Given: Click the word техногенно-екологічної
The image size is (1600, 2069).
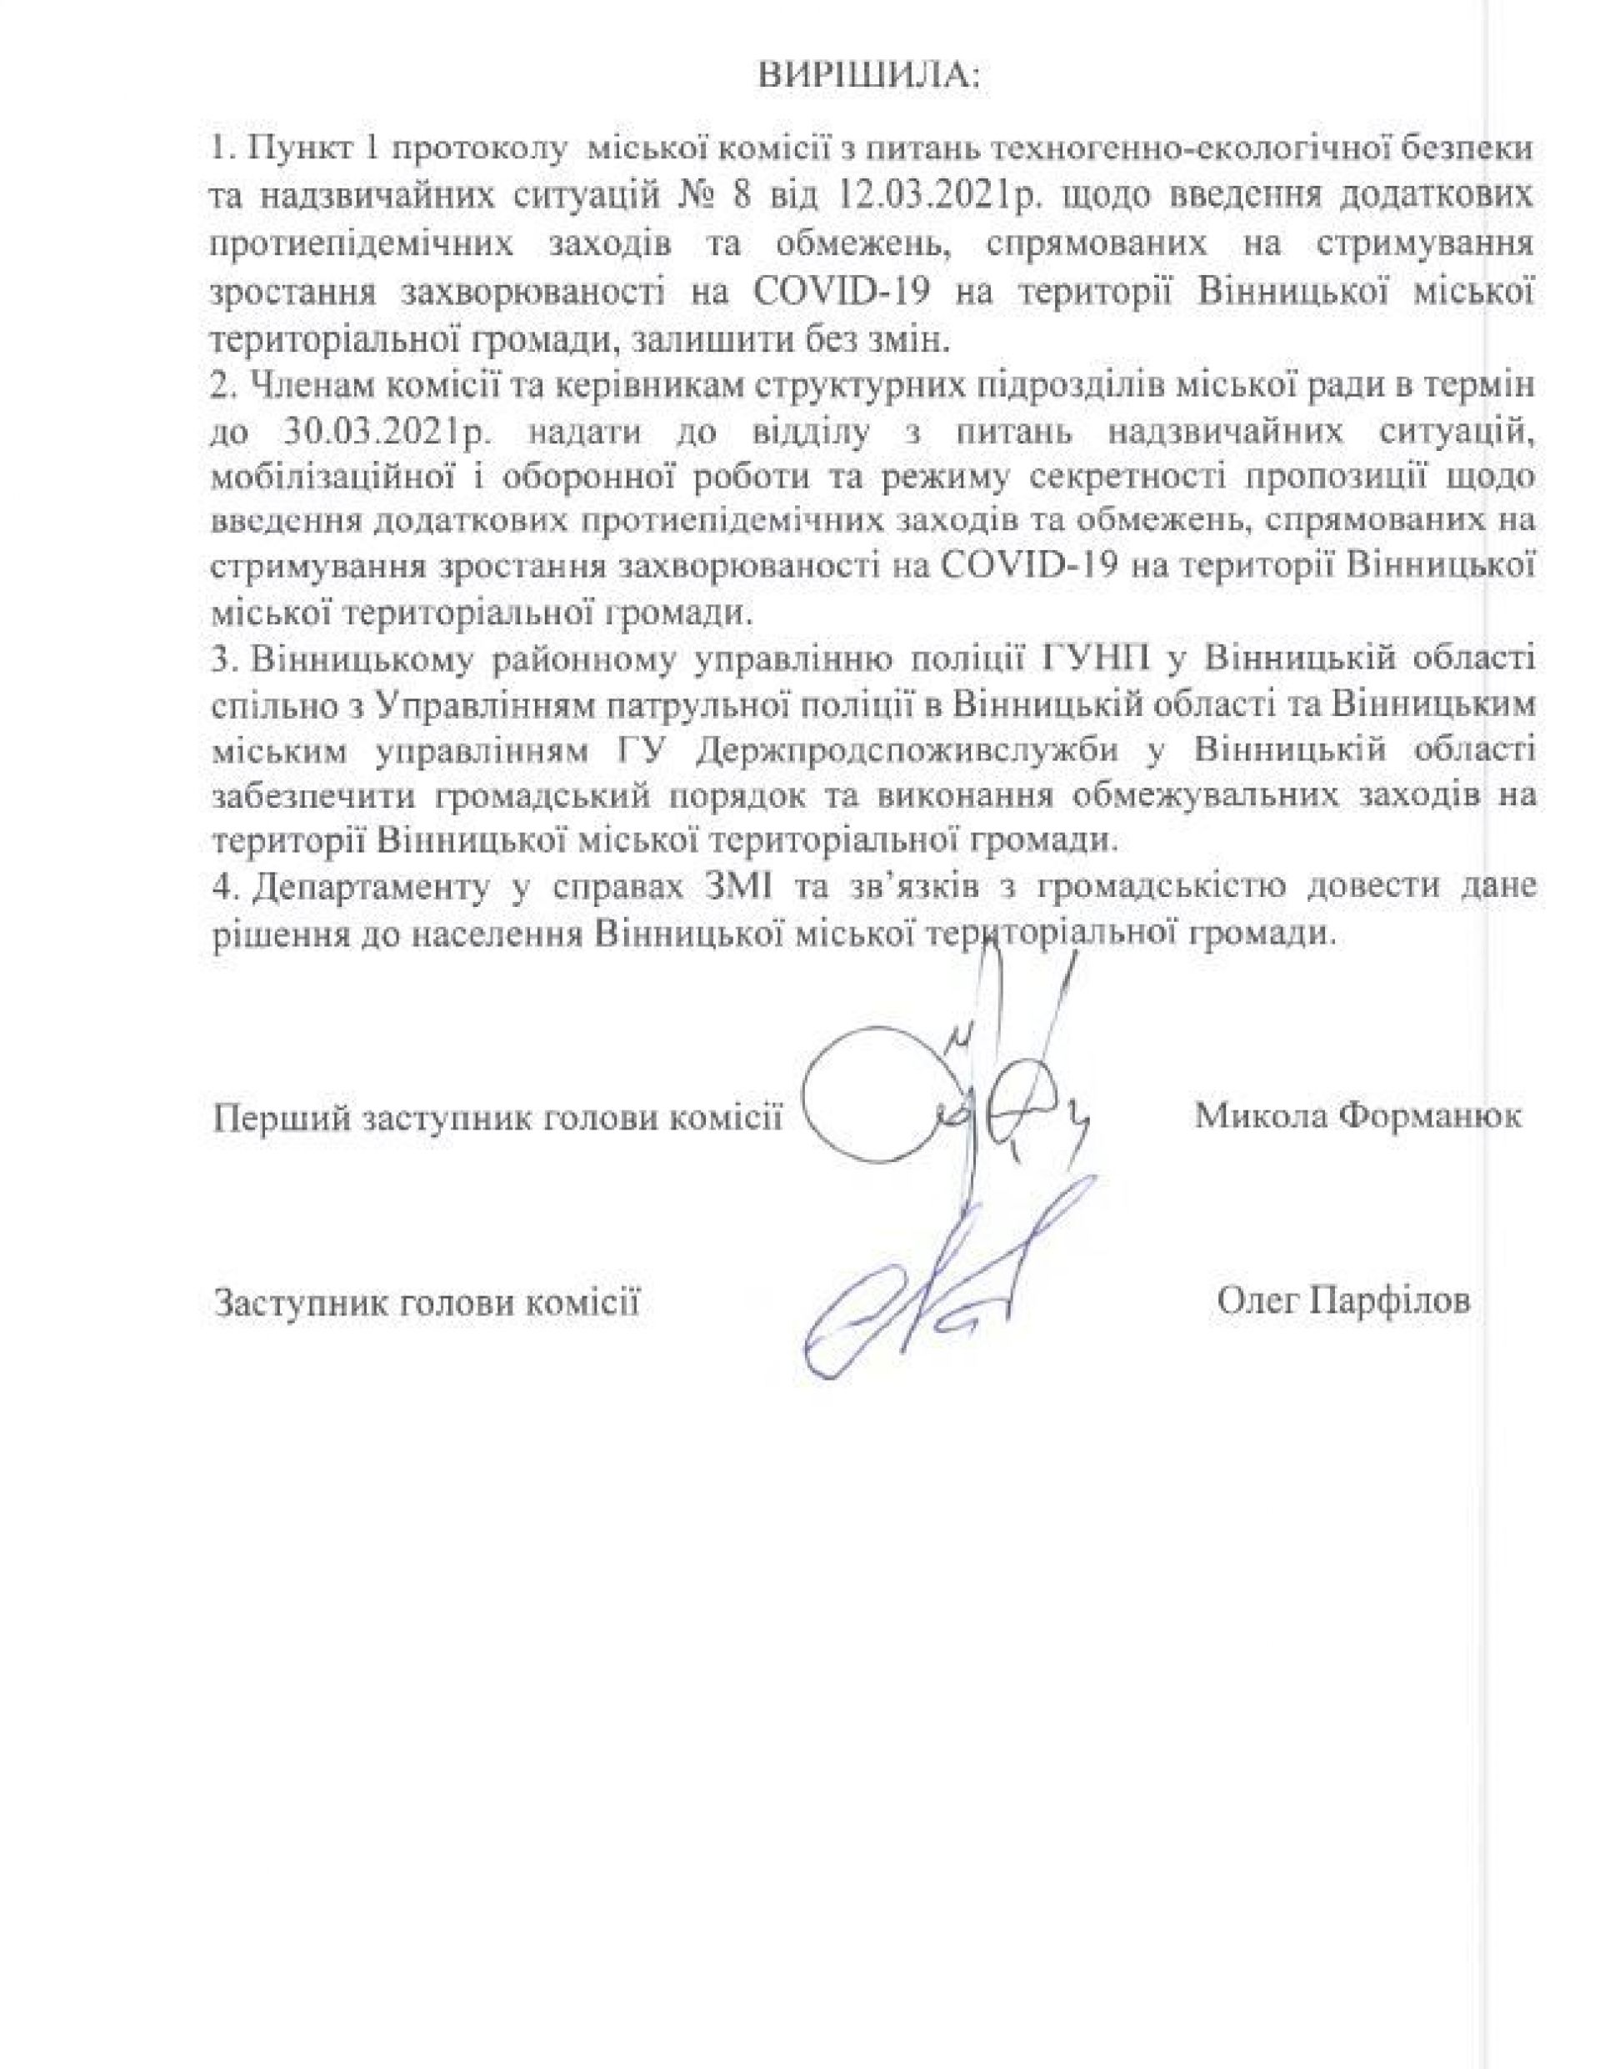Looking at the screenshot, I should pyautogui.click(x=1218, y=151).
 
